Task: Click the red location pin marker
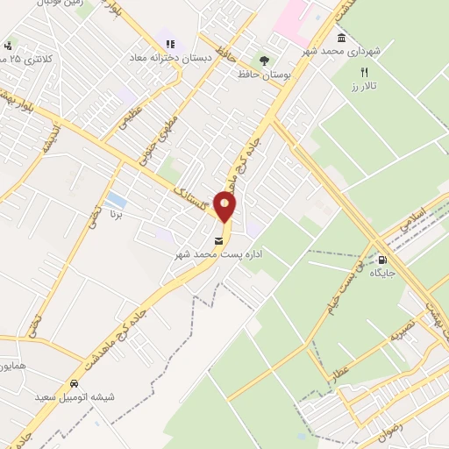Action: coord(225,207)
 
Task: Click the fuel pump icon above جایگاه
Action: coord(382,260)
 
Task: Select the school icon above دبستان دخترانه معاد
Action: coord(166,44)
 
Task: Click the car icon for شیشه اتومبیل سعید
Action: coord(75,385)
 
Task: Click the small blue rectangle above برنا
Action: coord(114,199)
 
